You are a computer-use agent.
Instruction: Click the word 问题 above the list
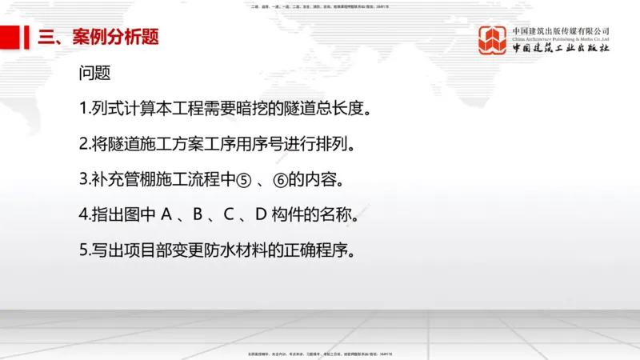(94, 74)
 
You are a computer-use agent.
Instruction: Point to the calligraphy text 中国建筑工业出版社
(561, 49)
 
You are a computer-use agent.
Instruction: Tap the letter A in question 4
(166, 215)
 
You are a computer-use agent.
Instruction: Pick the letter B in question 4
(198, 215)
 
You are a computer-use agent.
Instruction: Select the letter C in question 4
(229, 215)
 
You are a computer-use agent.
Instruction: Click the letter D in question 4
(260, 215)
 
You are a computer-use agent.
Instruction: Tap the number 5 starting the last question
(83, 250)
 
